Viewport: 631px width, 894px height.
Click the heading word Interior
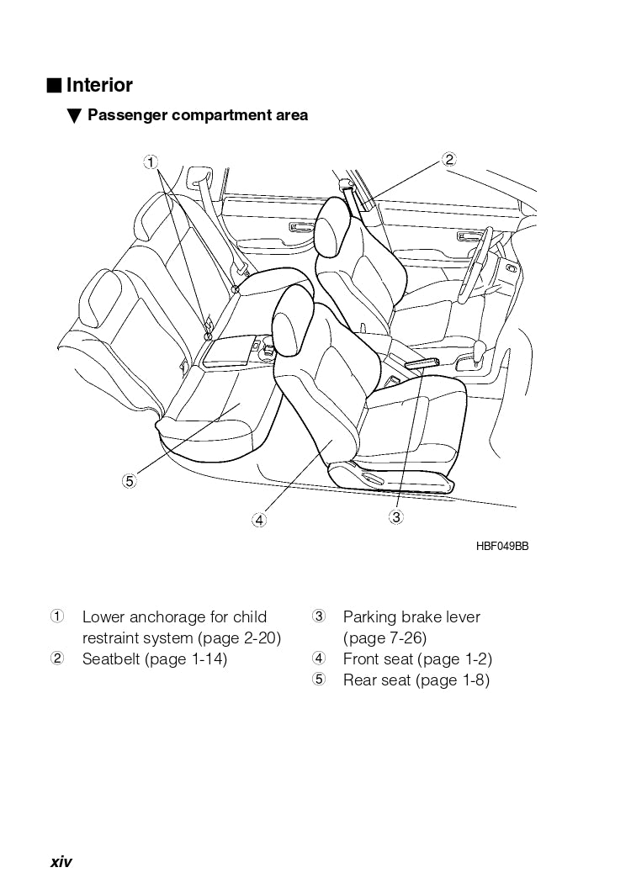pos(99,85)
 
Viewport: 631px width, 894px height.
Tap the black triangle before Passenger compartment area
pos(73,115)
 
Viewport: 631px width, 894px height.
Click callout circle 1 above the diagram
pos(149,161)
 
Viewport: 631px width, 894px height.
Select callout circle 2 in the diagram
pos(449,159)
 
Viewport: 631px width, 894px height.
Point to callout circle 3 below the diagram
pos(395,517)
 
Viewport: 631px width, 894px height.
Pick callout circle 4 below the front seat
pos(259,520)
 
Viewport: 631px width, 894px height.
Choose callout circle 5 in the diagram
pos(129,481)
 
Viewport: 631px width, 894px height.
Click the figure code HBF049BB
pos(501,546)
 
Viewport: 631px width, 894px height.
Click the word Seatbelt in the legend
pos(111,659)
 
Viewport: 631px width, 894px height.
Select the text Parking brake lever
pos(411,617)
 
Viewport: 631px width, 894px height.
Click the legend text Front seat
pos(378,659)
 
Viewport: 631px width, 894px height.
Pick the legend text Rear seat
pos(375,680)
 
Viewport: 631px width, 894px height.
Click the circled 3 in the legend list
pos(319,616)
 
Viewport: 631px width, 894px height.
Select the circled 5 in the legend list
pos(319,680)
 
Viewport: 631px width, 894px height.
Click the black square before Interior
pos(54,85)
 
